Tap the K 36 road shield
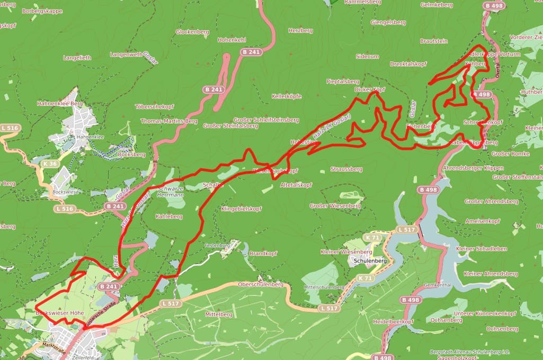click(50, 164)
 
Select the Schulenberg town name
click(368, 261)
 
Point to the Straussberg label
click(346, 169)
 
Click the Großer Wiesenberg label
click(335, 205)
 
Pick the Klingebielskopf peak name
click(241, 209)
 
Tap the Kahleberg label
click(169, 217)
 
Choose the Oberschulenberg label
click(261, 284)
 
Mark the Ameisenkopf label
click(483, 220)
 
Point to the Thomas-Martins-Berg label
click(169, 121)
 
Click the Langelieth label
click(77, 57)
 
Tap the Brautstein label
click(433, 41)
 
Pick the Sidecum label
click(367, 56)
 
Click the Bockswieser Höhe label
click(59, 313)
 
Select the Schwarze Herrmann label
click(171, 192)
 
